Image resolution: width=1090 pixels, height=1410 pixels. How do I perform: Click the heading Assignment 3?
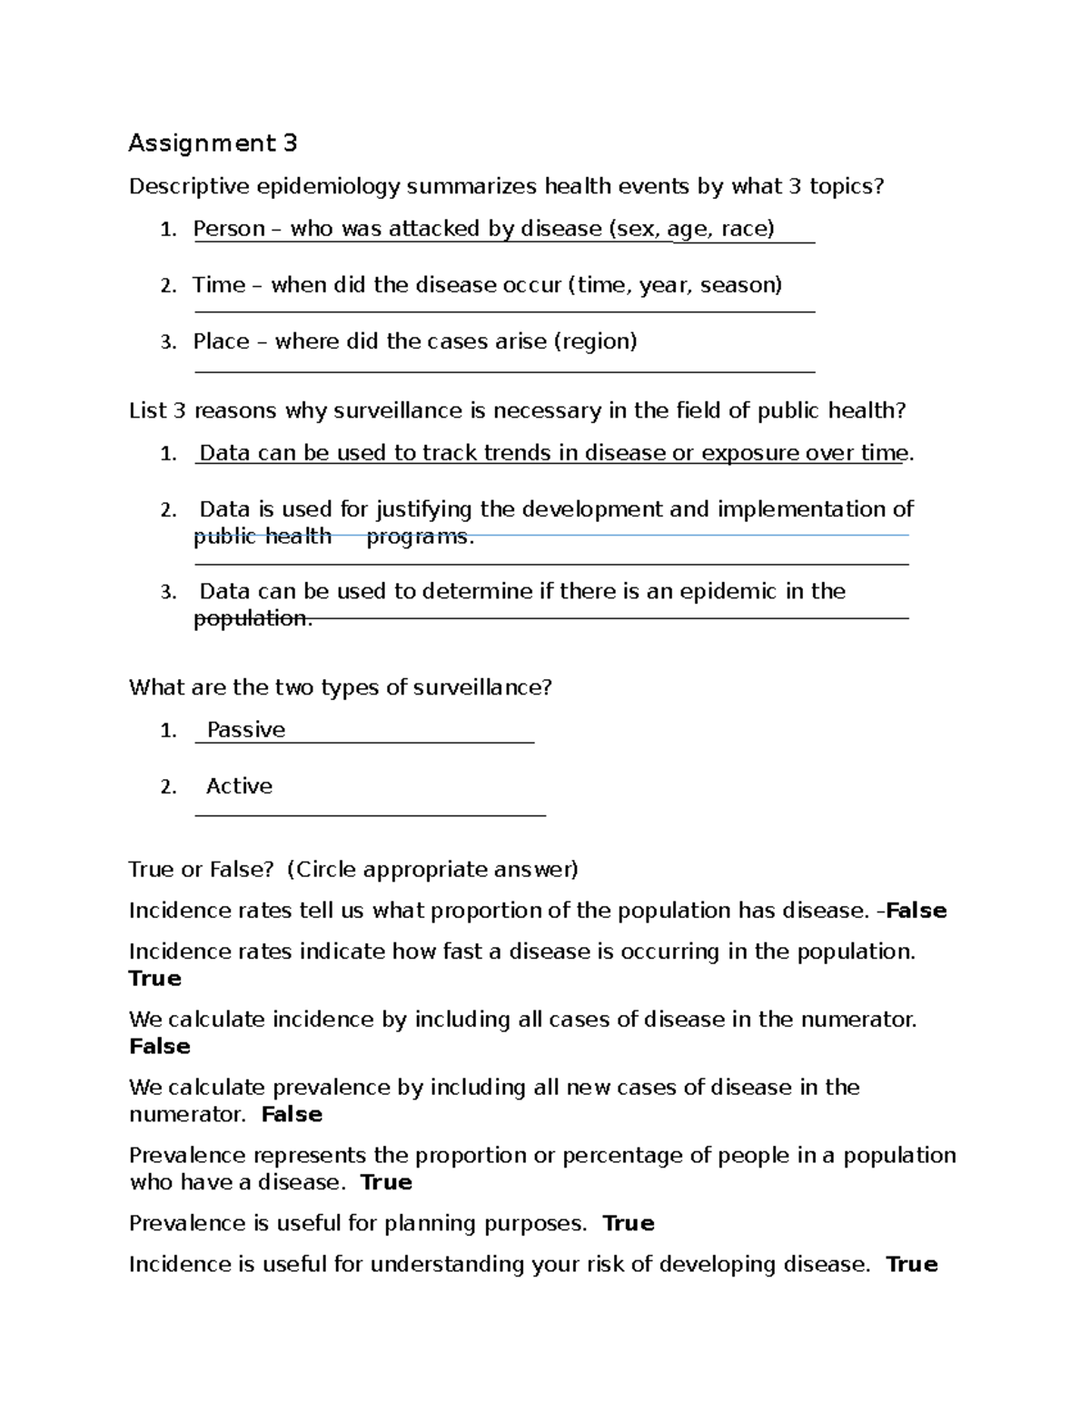tap(213, 143)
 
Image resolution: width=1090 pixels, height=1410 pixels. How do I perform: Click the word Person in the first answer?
tap(229, 229)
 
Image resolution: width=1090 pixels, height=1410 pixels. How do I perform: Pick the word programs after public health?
tap(420, 537)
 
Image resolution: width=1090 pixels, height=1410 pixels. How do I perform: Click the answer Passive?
tap(245, 730)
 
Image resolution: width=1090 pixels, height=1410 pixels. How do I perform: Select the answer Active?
tap(239, 786)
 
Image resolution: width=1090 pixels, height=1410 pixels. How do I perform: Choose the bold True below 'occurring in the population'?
tap(155, 979)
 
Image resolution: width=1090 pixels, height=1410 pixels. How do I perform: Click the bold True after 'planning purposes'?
tap(629, 1224)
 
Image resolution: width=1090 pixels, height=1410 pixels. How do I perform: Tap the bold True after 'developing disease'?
tap(911, 1265)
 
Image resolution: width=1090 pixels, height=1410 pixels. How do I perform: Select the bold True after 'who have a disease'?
tap(386, 1183)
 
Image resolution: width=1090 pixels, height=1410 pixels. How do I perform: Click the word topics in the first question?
tap(846, 187)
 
